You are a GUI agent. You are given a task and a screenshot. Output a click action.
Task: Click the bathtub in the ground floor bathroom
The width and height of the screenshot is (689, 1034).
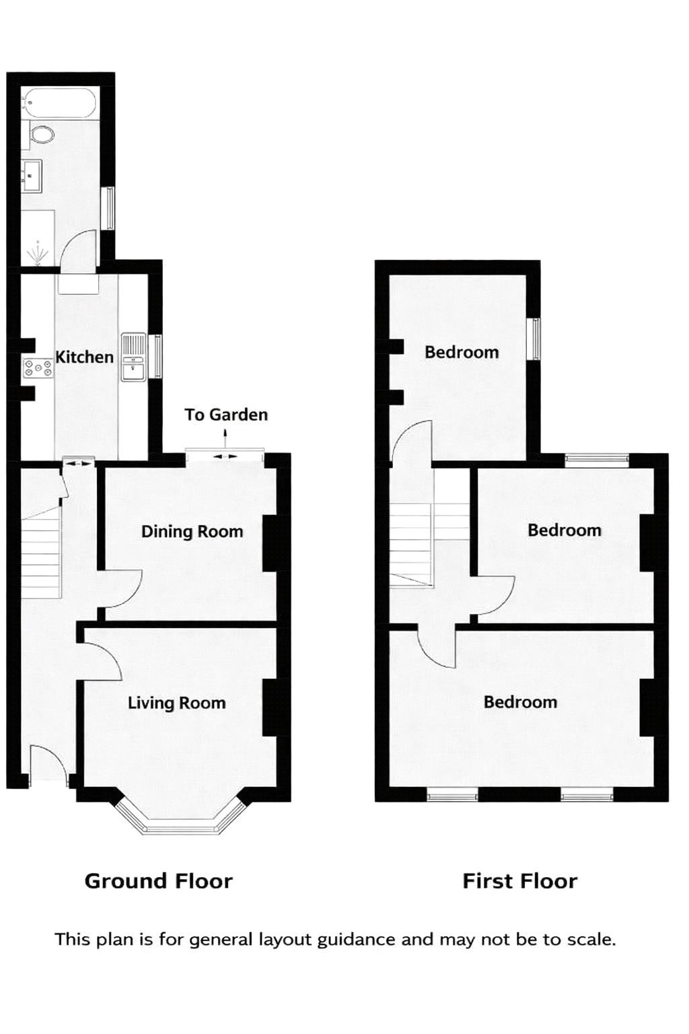[x=60, y=104]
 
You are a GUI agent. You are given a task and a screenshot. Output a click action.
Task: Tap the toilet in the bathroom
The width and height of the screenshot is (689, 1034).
[x=42, y=135]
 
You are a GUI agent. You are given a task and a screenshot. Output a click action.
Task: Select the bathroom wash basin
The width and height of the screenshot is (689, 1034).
[x=32, y=175]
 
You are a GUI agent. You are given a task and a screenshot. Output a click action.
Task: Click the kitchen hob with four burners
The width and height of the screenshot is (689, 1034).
[x=38, y=368]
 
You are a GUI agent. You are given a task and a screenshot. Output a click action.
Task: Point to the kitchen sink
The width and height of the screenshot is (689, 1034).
[x=133, y=357]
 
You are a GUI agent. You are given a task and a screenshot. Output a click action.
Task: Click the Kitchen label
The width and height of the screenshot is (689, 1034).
[x=84, y=357]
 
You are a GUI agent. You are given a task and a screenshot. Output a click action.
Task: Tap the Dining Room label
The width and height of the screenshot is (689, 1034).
[x=192, y=532]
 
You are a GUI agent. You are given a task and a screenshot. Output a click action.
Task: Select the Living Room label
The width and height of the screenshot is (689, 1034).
[x=176, y=703]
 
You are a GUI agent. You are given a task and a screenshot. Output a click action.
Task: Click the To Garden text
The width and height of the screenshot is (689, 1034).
[x=226, y=415]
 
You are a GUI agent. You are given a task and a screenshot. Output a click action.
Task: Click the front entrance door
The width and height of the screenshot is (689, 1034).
[x=48, y=764]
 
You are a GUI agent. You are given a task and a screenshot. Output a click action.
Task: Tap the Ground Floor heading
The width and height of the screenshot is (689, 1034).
[x=158, y=881]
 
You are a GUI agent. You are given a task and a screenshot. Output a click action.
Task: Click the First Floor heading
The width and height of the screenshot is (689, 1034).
[x=519, y=881]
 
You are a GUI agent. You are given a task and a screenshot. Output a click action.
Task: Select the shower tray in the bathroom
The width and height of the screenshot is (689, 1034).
[x=38, y=239]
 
